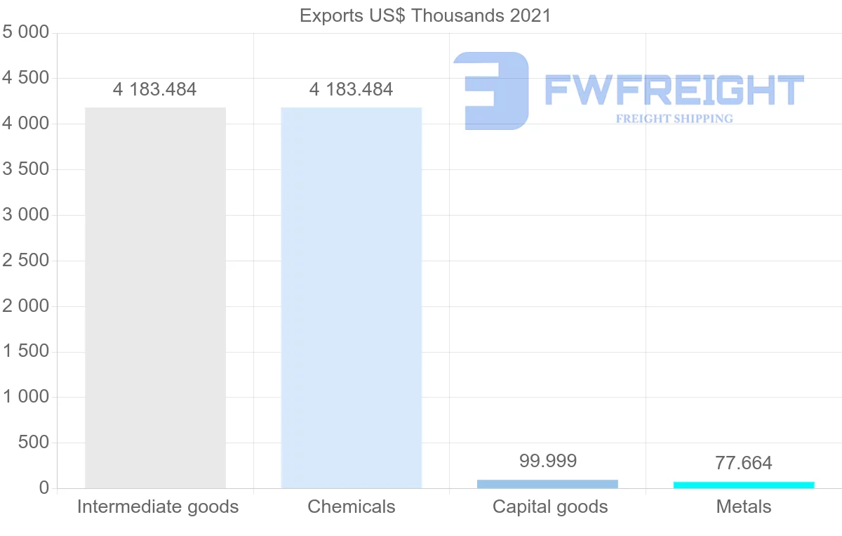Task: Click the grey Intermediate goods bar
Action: click(x=155, y=298)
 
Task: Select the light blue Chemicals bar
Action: click(x=351, y=298)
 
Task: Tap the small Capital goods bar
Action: click(x=547, y=484)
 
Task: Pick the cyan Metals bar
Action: click(x=744, y=485)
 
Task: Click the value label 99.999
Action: click(x=548, y=461)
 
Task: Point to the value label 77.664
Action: click(x=744, y=463)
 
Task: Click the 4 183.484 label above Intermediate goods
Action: click(x=155, y=89)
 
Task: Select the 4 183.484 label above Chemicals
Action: click(x=351, y=89)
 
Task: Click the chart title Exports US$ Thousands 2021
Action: click(x=425, y=15)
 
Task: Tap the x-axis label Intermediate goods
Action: click(x=158, y=506)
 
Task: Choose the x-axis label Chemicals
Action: click(x=352, y=506)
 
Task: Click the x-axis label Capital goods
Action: click(x=550, y=506)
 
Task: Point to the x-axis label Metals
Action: click(x=744, y=506)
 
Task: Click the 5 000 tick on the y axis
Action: click(x=26, y=32)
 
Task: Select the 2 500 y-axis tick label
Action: click(x=26, y=261)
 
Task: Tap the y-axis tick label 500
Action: click(x=35, y=443)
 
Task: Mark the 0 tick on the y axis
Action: click(x=44, y=488)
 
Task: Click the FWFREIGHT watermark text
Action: click(x=674, y=90)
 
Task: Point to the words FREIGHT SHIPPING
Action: click(x=674, y=119)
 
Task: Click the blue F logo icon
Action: click(x=491, y=91)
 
